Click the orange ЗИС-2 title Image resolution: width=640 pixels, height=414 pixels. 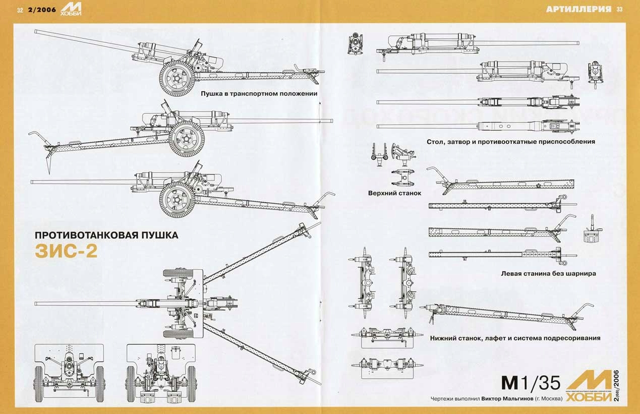coord(66,251)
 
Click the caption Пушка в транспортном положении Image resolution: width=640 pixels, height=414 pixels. coord(259,94)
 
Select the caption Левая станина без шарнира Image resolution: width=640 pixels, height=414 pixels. coord(549,273)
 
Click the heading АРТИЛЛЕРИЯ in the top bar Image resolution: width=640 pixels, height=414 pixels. coord(579,9)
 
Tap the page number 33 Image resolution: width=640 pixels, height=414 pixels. coord(620,9)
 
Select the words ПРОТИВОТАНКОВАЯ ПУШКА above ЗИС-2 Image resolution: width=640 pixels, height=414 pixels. coord(106,235)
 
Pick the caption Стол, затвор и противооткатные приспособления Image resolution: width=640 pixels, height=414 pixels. coord(510,142)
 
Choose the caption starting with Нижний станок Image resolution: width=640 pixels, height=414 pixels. coord(515,338)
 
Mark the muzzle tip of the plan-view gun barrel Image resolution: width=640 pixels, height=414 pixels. coord(36,303)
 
